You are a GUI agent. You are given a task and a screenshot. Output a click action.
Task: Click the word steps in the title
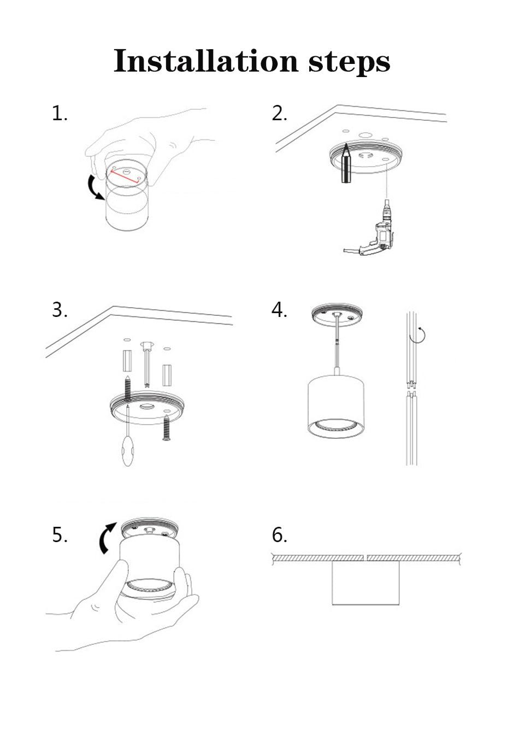[x=349, y=61]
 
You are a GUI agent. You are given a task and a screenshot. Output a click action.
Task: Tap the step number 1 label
[x=59, y=114]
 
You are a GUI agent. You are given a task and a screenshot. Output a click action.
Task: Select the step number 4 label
[x=279, y=310]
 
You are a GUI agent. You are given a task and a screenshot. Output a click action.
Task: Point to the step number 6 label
[x=279, y=534]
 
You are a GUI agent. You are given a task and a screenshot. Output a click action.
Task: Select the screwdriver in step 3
[x=128, y=443]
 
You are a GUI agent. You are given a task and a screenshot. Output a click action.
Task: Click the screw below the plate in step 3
[x=166, y=428]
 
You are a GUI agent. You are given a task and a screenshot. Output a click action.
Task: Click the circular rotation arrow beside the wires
[x=420, y=333]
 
